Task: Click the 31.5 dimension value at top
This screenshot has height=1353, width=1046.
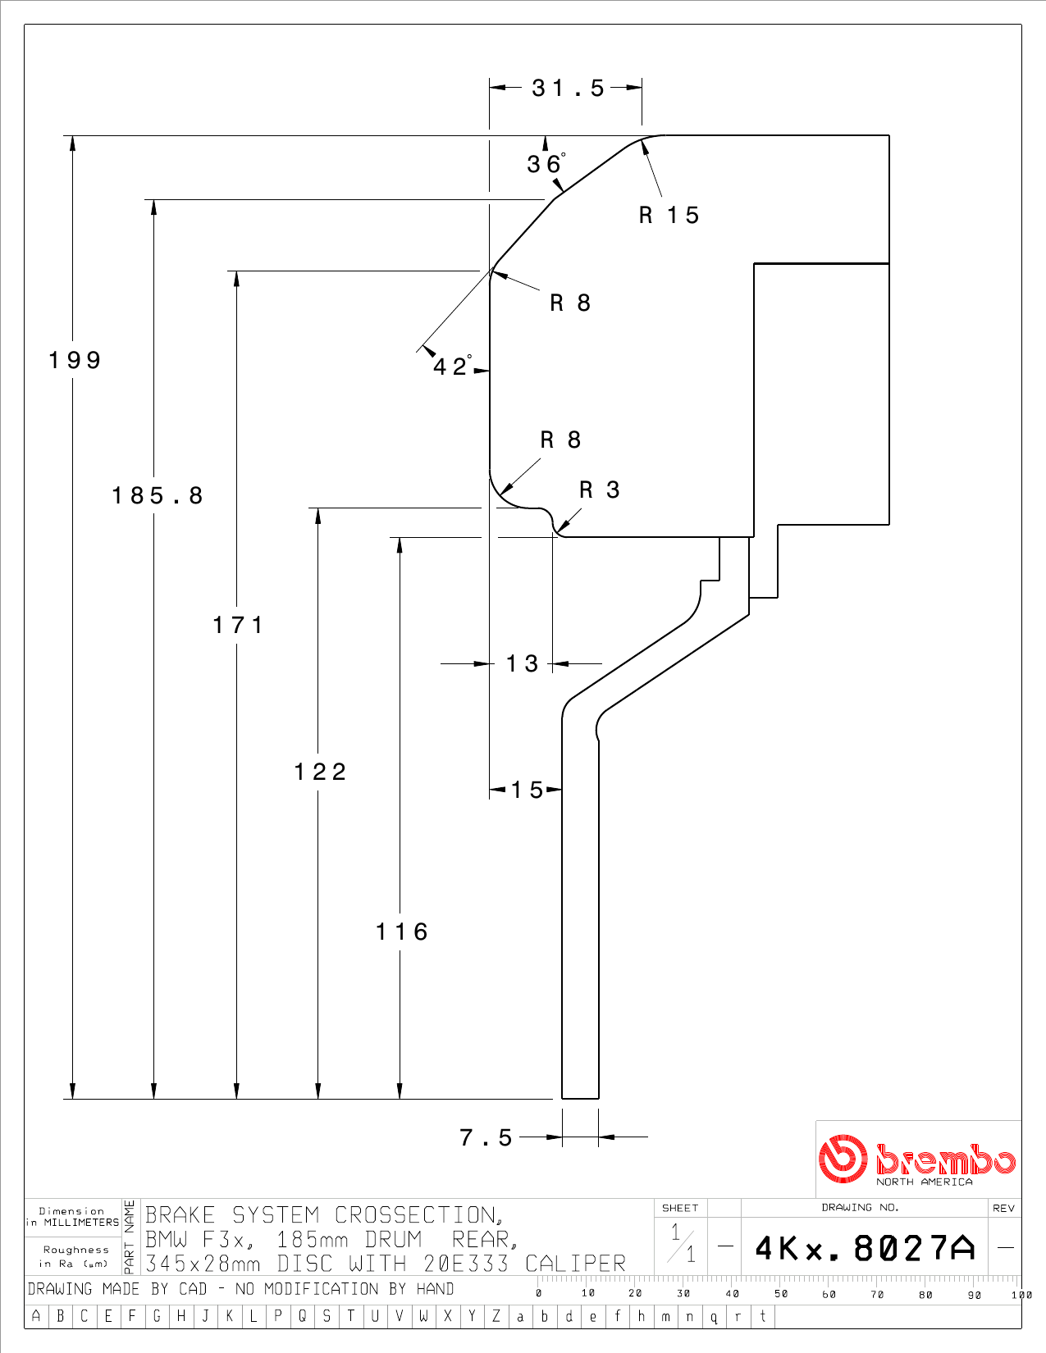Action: [x=568, y=89]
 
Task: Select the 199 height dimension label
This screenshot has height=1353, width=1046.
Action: [x=75, y=361]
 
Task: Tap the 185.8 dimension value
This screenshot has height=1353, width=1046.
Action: [x=158, y=495]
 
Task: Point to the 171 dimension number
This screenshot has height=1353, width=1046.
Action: [x=238, y=625]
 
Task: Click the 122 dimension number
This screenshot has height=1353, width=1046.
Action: [x=320, y=772]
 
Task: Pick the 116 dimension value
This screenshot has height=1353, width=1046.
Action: [x=402, y=932]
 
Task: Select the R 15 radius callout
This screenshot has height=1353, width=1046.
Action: [x=669, y=216]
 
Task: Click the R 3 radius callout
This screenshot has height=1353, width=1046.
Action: [x=600, y=490]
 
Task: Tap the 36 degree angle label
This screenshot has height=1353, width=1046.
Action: [x=546, y=164]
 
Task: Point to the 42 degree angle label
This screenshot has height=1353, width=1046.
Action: [x=452, y=366]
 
